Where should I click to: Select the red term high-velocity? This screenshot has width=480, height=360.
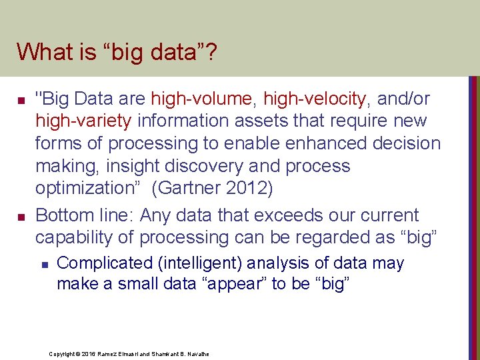pos(315,99)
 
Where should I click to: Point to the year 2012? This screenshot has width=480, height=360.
pos(248,189)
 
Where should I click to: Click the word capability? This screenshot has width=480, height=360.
pos(75,237)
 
